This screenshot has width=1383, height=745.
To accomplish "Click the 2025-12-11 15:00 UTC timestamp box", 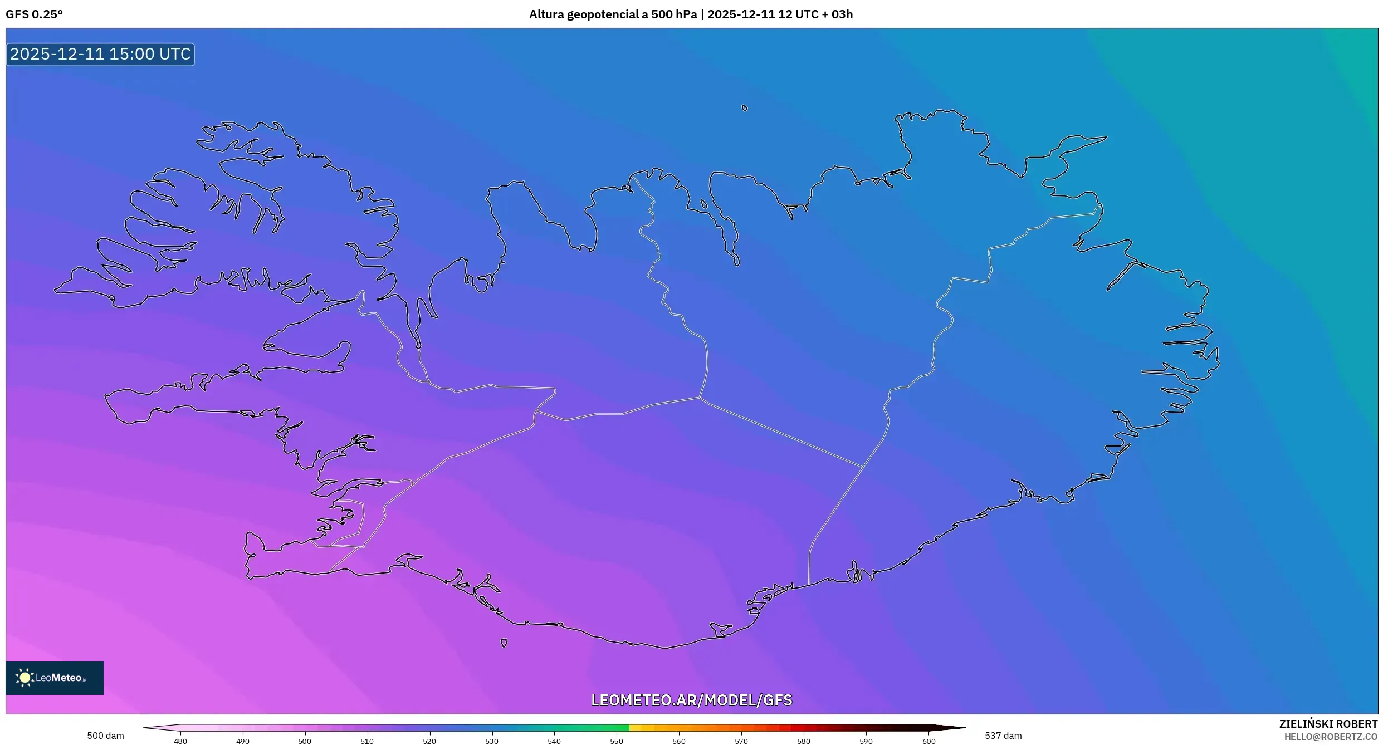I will (x=100, y=54).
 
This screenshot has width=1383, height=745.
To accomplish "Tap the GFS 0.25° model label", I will (x=34, y=14).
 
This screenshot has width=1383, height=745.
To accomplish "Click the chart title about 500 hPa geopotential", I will (x=691, y=14).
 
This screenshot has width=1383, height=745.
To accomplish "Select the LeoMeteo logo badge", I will (x=55, y=678).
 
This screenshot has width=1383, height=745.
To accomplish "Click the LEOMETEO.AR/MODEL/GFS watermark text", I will (x=691, y=700).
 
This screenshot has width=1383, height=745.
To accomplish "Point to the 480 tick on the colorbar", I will (x=180, y=741).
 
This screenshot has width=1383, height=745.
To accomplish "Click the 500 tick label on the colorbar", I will (x=305, y=741).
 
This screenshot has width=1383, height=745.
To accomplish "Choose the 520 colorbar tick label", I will (x=429, y=741).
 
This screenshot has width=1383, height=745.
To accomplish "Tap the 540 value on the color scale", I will (x=554, y=741).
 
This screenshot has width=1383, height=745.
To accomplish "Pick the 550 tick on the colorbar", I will (x=617, y=741).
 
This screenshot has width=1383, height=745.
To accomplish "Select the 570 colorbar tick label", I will (x=741, y=741).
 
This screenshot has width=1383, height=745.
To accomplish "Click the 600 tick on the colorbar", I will (x=928, y=741).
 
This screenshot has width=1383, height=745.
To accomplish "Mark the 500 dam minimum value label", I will (x=105, y=736).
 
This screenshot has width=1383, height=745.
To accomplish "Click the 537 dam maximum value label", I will (x=1003, y=736).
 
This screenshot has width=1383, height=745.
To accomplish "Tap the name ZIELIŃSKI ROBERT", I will (x=1328, y=724).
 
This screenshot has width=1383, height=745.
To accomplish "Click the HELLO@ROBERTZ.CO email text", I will (x=1331, y=737).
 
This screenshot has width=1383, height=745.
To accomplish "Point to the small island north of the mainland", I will (x=745, y=108).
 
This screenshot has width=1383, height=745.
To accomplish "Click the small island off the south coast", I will (x=504, y=643).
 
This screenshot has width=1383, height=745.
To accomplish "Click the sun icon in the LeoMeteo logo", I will (x=25, y=678).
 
